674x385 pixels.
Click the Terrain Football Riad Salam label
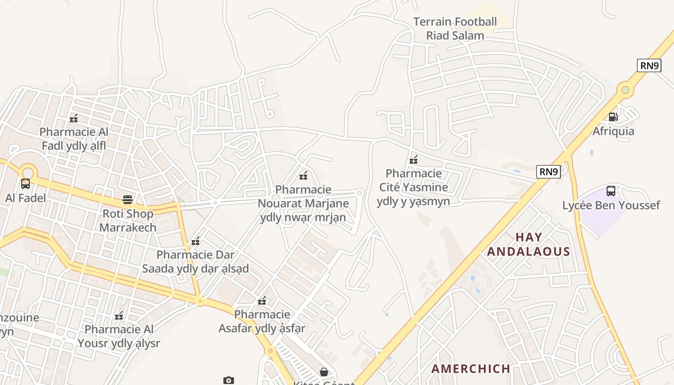(x=455, y=28)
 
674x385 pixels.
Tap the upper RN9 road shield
(x=648, y=65)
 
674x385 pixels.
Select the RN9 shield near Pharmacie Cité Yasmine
(x=548, y=172)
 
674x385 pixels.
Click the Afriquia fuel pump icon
(x=613, y=116)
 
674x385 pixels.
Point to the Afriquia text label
(x=613, y=131)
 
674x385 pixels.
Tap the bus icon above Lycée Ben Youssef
(x=611, y=191)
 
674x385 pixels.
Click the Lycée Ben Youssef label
(x=611, y=205)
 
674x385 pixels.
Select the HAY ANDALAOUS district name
(x=529, y=244)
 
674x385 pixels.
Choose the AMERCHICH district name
(x=471, y=369)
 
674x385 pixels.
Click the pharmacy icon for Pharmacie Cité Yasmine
(x=413, y=160)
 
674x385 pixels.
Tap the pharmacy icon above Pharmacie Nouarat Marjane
(x=303, y=176)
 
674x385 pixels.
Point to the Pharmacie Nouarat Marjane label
(x=303, y=204)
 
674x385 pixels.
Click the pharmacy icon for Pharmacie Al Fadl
(x=74, y=118)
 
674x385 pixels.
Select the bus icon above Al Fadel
(x=26, y=183)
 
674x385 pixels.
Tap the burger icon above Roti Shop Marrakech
(x=128, y=199)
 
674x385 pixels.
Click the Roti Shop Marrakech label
(x=128, y=220)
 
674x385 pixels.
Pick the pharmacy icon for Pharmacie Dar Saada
(x=195, y=241)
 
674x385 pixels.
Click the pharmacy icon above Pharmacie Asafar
(x=262, y=301)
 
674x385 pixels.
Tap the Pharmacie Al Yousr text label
(x=119, y=336)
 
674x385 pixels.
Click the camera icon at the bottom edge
(x=228, y=381)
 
